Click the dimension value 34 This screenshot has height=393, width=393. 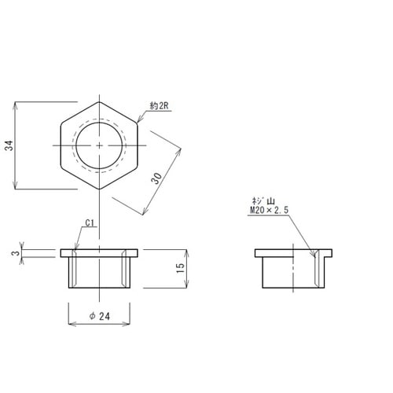click(8, 145)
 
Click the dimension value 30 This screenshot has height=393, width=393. click(158, 178)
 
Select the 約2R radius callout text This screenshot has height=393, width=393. click(160, 105)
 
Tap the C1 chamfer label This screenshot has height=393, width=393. click(90, 222)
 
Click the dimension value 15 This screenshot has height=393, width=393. click(181, 269)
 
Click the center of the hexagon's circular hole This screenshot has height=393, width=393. click(100, 145)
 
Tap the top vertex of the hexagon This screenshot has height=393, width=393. click(100, 101)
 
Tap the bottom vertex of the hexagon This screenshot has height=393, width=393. click(100, 189)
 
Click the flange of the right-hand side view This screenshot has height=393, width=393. click(295, 253)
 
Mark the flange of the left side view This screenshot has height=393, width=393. click(100, 253)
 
